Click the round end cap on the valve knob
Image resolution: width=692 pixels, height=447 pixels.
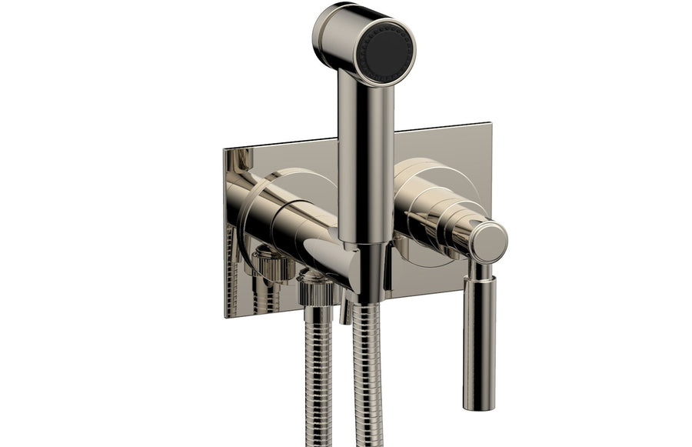(488, 242)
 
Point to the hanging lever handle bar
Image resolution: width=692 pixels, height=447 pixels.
(478, 339)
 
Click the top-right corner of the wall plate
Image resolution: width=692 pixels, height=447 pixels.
(489, 125)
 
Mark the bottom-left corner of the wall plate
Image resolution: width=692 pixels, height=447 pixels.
(225, 315)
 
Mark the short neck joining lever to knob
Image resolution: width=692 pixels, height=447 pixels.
(482, 272)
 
